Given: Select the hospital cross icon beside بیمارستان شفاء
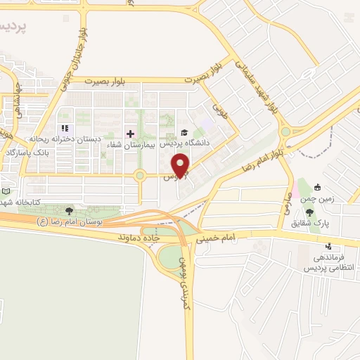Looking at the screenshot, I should [130, 134].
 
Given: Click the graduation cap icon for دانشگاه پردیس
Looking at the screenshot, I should [184, 132].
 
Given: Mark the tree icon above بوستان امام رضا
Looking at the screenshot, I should [68, 210].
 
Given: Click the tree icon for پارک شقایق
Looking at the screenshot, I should [310, 212].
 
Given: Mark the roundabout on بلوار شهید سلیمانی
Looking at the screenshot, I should [285, 131].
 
